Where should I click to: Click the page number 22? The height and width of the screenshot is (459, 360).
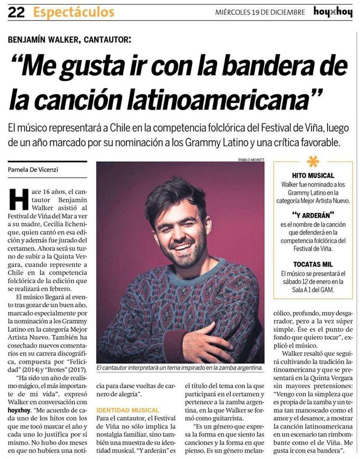16,12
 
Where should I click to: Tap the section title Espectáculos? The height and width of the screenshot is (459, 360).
73,12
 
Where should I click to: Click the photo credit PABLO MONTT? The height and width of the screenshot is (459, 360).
251,159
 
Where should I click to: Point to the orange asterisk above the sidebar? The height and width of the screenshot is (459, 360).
313,161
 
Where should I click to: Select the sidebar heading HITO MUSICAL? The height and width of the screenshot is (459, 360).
313,175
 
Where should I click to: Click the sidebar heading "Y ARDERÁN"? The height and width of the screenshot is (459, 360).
313,215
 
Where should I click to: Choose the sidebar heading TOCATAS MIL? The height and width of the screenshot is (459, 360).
313,264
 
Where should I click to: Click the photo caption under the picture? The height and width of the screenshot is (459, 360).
179,368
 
